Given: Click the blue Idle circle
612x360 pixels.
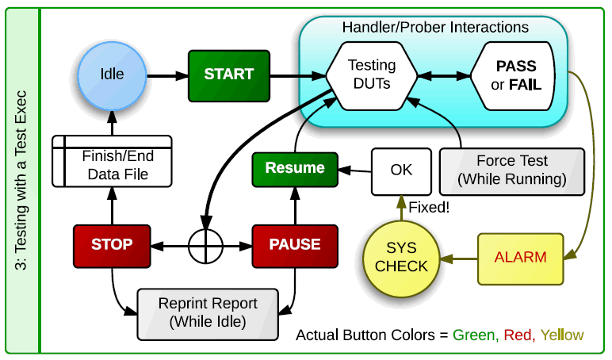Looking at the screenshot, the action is pos(112,75).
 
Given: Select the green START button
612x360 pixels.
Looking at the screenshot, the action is pos(229,76).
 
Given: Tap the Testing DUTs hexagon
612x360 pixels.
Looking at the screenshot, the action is pos(372,76).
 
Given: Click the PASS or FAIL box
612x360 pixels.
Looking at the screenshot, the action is pos(513,76).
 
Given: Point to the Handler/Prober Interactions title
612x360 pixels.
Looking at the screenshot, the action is pos(435,27).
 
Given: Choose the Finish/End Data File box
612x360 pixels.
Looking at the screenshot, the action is pos(112,161).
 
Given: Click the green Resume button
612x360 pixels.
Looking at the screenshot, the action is pos(295,170).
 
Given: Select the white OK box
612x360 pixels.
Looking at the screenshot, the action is pos(401,171).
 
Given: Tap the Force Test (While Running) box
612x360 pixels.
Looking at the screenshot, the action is pos(512,171).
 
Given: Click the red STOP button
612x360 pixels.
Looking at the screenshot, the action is pos(112,246).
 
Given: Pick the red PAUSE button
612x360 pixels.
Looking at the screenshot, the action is pos(295,246).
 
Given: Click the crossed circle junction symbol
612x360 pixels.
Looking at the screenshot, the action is pos(205,247).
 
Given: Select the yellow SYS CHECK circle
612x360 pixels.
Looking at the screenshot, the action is pos(401,259).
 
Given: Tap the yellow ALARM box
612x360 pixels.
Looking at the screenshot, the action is pos(521,259).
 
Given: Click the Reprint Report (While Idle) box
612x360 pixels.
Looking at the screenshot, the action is pos(208,314).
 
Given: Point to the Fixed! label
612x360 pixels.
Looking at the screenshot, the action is pos(429,207).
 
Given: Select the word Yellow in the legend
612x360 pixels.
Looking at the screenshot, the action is pos(562,335).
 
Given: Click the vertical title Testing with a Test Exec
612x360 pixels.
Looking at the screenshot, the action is pos(21,180).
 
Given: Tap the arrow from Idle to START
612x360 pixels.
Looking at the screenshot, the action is pos(168,76).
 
